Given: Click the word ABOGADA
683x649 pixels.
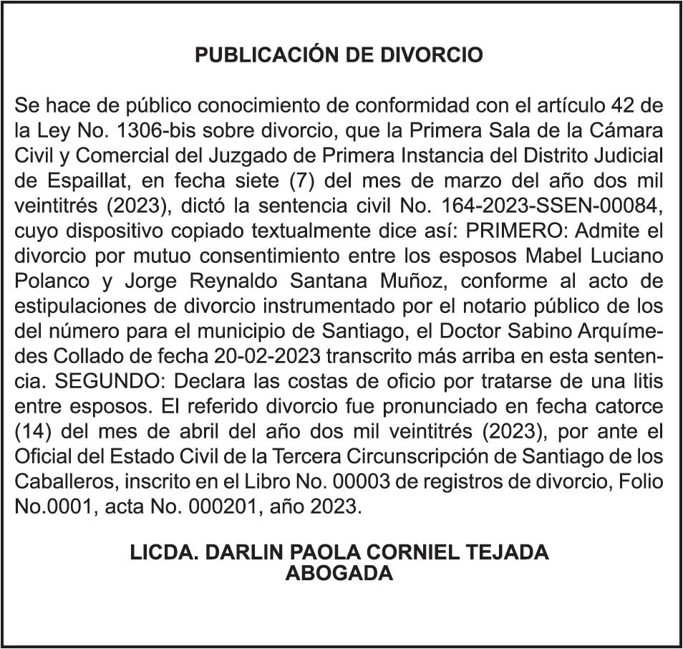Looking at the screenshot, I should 340,573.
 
